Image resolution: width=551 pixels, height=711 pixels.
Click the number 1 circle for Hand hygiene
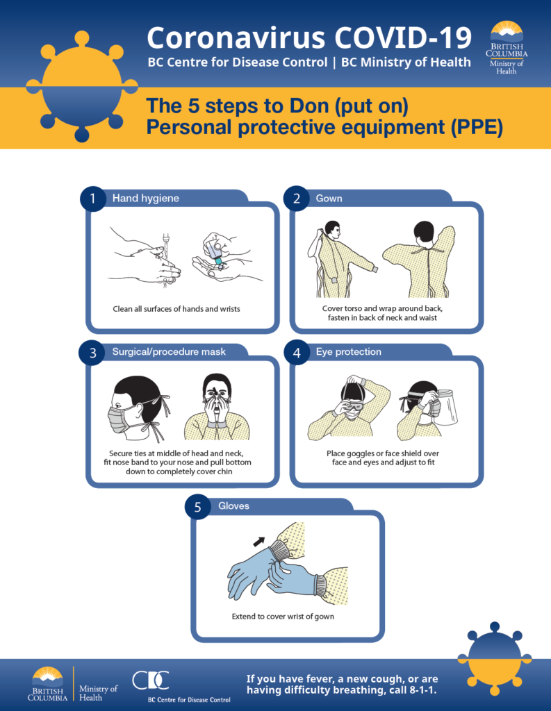tap(92, 199)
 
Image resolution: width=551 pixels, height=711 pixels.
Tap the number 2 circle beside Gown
tap(297, 199)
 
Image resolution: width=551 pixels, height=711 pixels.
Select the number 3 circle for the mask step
tap(92, 353)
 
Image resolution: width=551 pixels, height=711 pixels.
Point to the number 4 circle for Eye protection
tap(297, 353)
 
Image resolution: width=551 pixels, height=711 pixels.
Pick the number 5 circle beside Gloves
tap(197, 507)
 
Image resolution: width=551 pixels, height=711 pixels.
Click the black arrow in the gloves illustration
tap(258, 539)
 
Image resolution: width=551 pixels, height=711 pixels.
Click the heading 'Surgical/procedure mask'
tap(169, 352)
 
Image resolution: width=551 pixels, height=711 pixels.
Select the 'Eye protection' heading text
tap(348, 352)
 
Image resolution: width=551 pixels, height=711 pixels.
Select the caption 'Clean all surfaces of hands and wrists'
tap(176, 308)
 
